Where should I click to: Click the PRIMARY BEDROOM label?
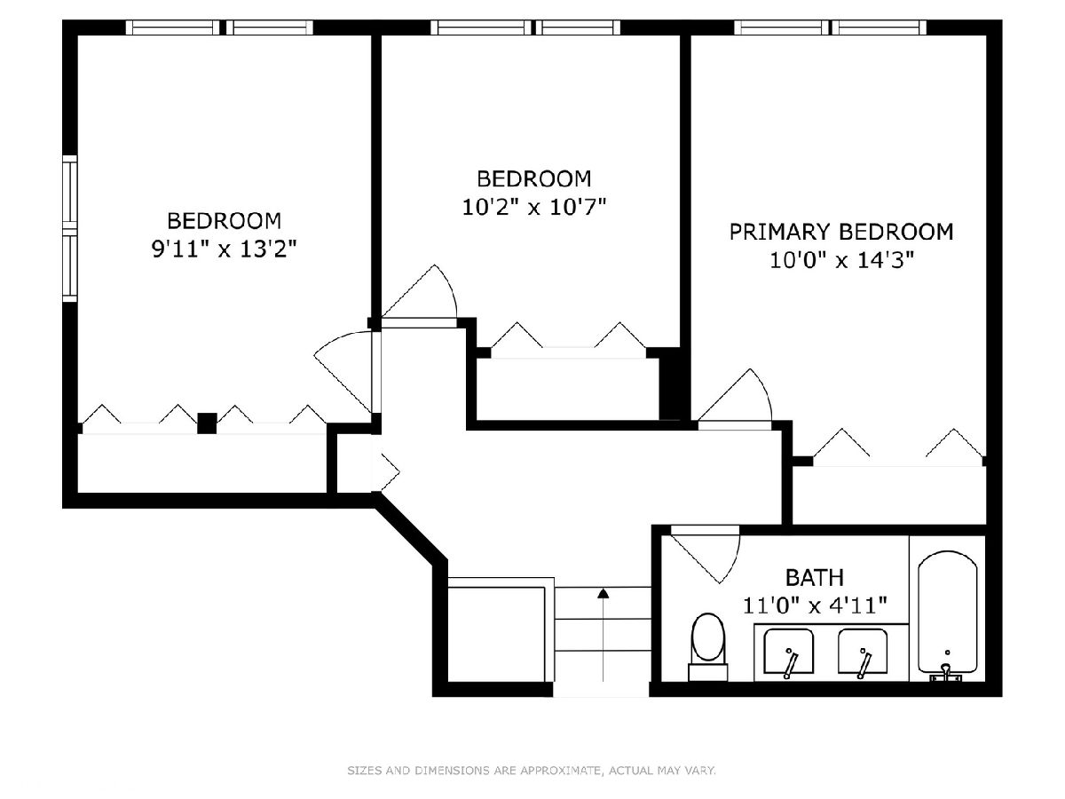840,232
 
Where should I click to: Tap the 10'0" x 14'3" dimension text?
842,260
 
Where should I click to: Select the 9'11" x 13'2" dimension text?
224,249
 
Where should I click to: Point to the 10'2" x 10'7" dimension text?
533,207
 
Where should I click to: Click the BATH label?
815,577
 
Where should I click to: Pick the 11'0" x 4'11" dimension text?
815,605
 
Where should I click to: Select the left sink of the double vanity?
788,652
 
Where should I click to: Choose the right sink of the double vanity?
863,652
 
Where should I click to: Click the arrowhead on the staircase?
603,592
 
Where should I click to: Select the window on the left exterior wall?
70,228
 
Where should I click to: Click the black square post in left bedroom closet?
207,423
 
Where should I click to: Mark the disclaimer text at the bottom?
532,770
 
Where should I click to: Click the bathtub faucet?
945,672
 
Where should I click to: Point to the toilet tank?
708,672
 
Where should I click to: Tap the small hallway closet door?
390,471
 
